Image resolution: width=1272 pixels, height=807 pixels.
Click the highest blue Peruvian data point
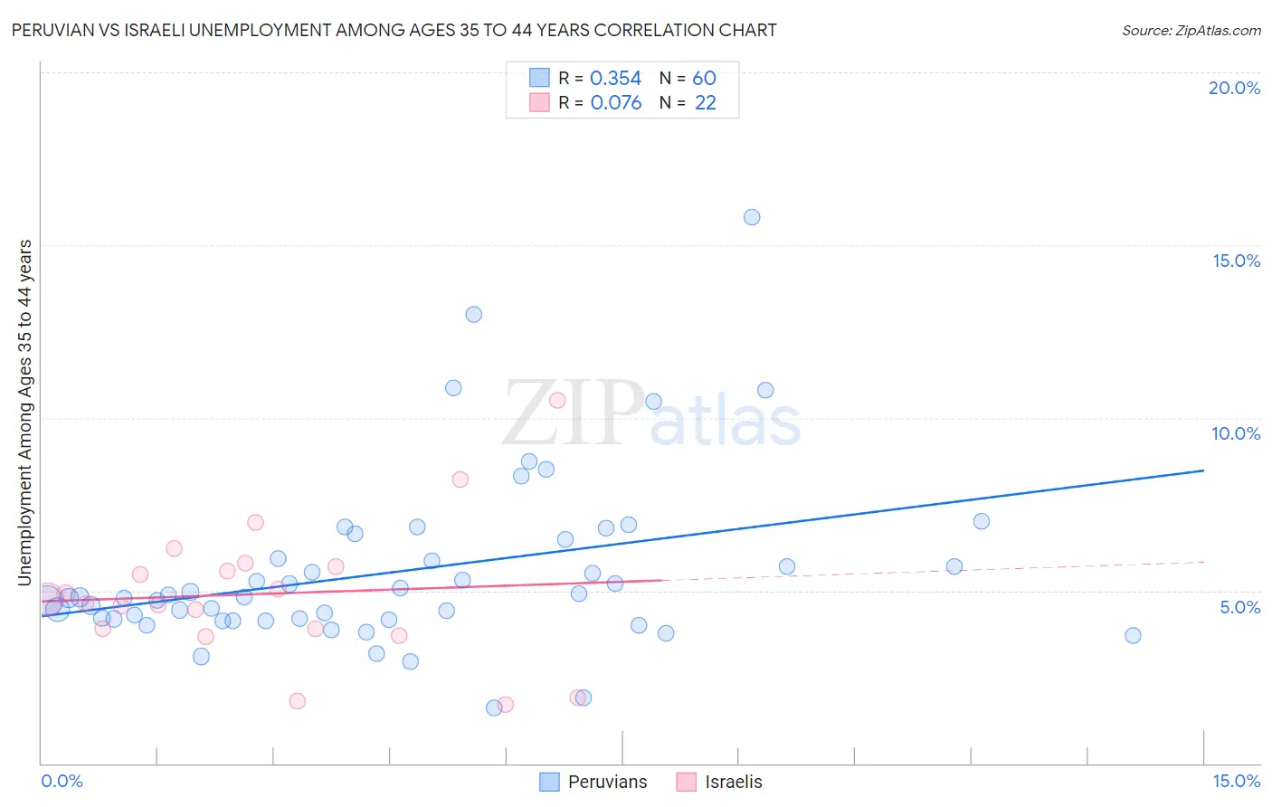(x=752, y=217)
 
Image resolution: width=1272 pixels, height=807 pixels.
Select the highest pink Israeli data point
(x=557, y=400)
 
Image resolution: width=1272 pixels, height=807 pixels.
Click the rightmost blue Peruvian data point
(x=1133, y=635)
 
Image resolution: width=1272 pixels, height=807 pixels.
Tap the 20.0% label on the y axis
(x=1234, y=88)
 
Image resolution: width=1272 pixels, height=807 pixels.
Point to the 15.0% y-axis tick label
(x=1236, y=261)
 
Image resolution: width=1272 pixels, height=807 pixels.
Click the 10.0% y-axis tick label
(x=1236, y=433)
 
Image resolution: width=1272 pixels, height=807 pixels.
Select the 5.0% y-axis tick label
(x=1239, y=607)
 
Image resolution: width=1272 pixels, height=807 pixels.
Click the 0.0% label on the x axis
(x=62, y=781)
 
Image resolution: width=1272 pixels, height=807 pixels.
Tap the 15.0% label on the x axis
(x=1236, y=781)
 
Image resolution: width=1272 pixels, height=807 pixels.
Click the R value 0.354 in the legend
(x=615, y=79)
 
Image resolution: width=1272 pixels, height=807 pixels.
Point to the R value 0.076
(x=615, y=103)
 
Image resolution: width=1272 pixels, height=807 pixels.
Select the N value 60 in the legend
(x=704, y=79)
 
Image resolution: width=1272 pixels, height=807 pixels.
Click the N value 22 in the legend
(x=705, y=103)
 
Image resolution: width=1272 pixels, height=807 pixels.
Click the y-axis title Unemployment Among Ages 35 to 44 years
(x=25, y=413)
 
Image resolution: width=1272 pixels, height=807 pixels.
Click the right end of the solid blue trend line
(x=1203, y=470)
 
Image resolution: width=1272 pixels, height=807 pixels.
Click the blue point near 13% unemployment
(x=473, y=315)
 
